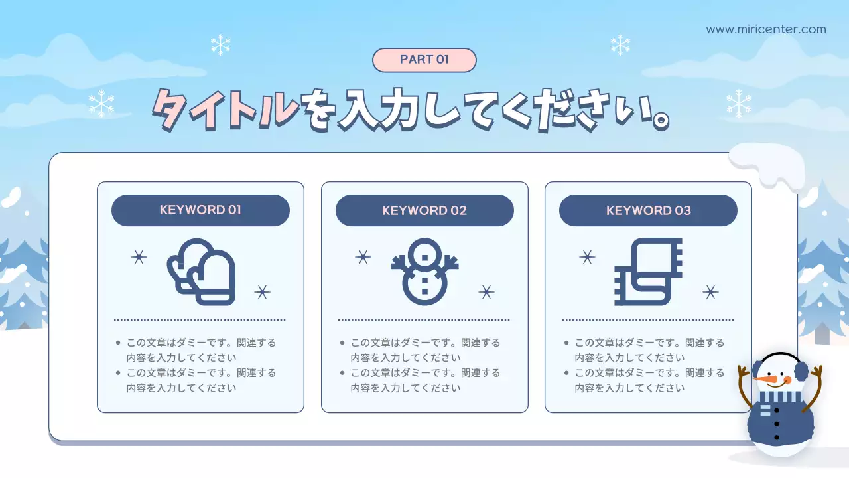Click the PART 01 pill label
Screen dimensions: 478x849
[424, 60]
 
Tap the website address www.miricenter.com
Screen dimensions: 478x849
[766, 29]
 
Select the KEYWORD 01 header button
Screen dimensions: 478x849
[200, 210]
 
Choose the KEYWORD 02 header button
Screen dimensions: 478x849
[424, 210]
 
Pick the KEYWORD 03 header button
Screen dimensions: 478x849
[648, 210]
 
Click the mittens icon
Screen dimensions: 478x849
[202, 272]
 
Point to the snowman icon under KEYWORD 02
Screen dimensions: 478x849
[424, 271]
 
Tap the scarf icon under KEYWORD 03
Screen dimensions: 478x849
[649, 272]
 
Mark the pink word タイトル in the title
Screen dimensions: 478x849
[226, 108]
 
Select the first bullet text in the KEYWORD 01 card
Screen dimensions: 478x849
[200, 350]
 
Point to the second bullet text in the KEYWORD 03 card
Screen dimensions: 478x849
[649, 380]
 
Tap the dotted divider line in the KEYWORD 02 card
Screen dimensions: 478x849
[424, 320]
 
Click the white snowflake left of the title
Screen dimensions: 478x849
[101, 104]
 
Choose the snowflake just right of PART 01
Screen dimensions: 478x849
[620, 44]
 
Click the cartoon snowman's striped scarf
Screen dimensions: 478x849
[780, 397]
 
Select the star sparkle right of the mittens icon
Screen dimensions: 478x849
[263, 291]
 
